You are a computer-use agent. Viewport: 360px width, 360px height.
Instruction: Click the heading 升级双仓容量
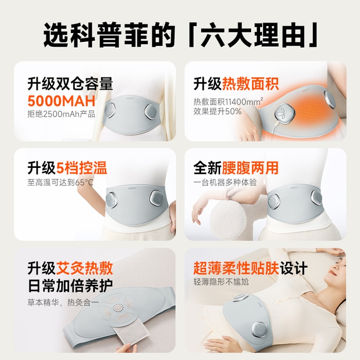pos(70,84)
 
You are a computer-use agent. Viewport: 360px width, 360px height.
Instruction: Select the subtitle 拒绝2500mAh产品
pos(61,114)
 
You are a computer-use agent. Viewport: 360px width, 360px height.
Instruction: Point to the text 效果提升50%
pos(217,112)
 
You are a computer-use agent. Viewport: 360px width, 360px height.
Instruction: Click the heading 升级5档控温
pos(67,168)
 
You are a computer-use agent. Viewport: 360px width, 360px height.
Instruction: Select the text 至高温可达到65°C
pos(60,183)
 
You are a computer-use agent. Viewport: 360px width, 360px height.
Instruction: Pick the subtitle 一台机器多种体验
pos(225,183)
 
